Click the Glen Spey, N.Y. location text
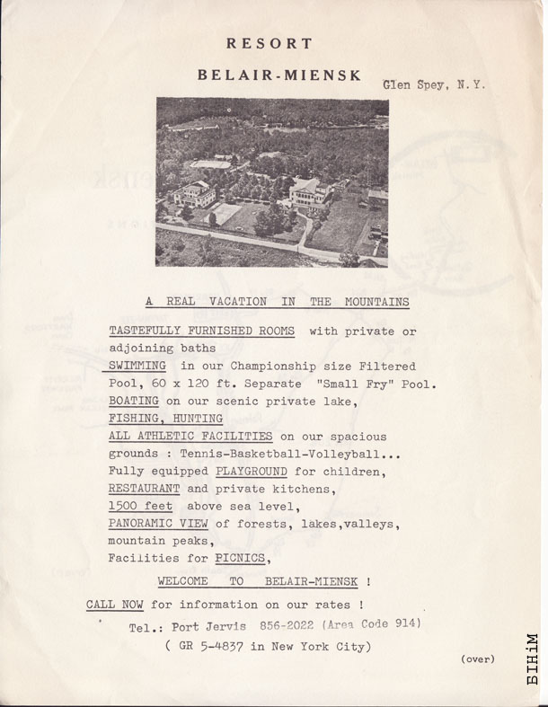click(x=435, y=85)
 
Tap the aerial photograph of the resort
click(x=272, y=182)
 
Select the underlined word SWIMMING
click(x=137, y=366)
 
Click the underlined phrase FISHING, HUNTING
click(x=166, y=418)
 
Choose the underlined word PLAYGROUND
click(x=252, y=471)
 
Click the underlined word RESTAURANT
click(x=144, y=489)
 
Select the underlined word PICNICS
click(x=245, y=559)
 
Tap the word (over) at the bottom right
click(x=477, y=659)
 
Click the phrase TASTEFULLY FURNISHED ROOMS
click(x=201, y=331)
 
